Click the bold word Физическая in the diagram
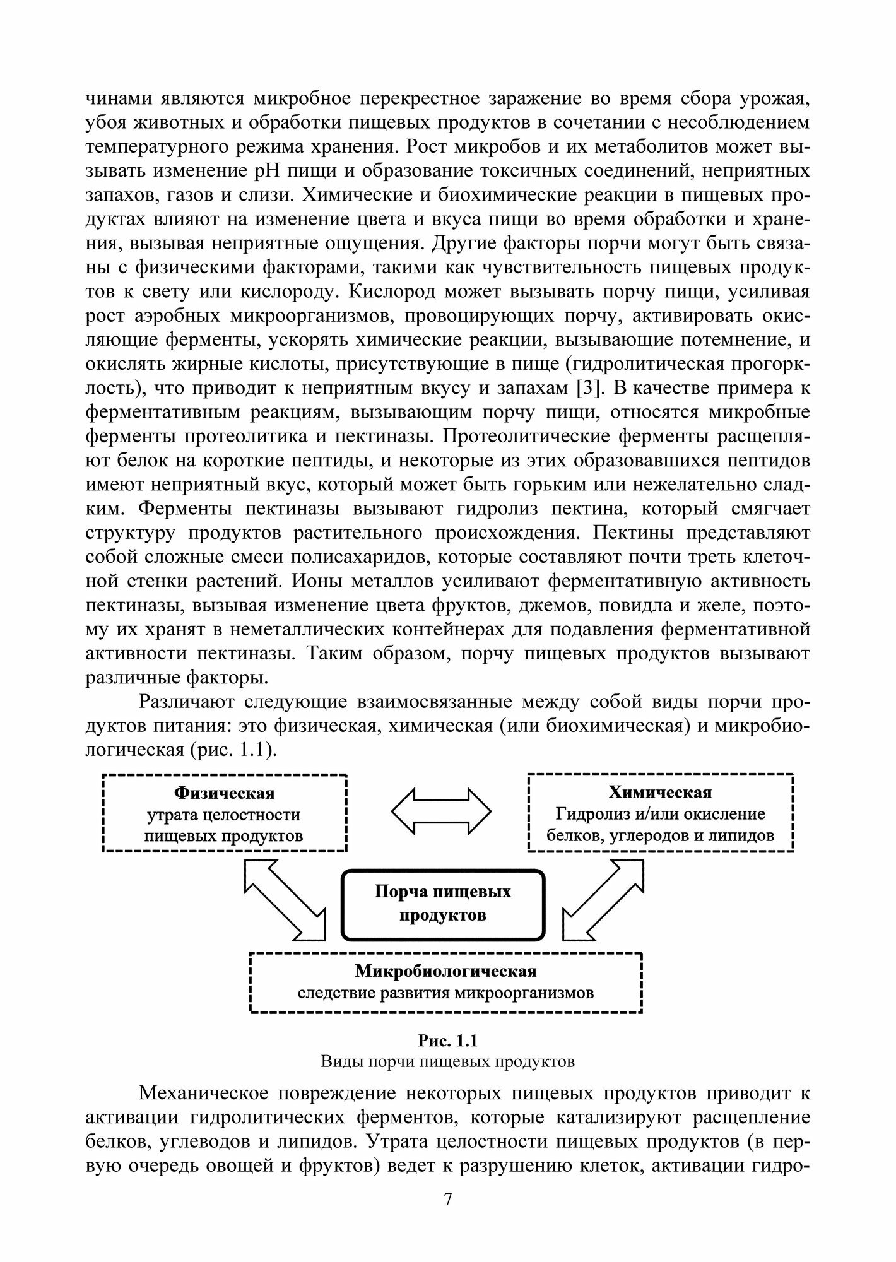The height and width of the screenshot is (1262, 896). coord(224,793)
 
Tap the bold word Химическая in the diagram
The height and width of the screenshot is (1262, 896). coord(660,793)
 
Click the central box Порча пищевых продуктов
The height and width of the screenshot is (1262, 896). coord(442,903)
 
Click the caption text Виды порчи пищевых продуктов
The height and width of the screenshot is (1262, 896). coord(447,1061)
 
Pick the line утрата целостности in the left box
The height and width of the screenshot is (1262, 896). coord(224,815)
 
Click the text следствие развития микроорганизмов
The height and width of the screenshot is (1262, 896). coord(446,993)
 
